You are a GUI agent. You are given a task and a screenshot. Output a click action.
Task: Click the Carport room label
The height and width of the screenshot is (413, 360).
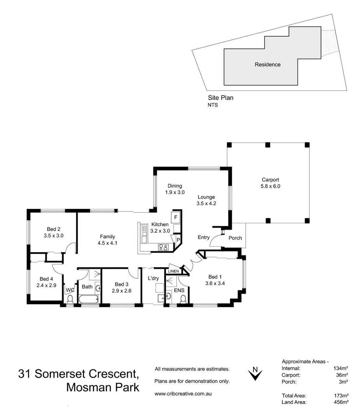click(x=270, y=180)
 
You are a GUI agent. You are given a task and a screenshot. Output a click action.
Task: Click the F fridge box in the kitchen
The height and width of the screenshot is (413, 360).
click(x=176, y=217)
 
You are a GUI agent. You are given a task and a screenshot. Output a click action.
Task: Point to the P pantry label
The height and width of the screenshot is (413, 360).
click(x=178, y=240)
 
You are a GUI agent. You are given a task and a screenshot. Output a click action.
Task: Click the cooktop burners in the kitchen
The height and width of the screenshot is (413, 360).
click(x=163, y=247)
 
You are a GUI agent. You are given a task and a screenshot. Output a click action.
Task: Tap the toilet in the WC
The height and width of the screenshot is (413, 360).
click(x=70, y=299)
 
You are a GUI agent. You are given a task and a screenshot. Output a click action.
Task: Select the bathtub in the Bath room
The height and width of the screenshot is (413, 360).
click(x=89, y=300)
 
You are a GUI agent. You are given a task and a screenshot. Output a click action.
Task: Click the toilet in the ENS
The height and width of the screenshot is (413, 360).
click(x=183, y=299)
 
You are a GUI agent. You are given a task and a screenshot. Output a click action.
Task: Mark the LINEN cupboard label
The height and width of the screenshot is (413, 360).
click(x=173, y=271)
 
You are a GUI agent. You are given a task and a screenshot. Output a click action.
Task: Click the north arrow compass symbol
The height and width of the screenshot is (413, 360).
click(x=255, y=373)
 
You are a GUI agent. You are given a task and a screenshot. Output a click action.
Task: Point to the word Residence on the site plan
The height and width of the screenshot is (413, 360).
click(x=267, y=64)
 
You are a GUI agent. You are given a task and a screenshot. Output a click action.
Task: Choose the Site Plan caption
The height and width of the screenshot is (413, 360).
click(x=220, y=98)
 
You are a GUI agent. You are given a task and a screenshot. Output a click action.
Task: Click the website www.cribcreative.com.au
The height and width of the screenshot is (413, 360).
click(x=183, y=394)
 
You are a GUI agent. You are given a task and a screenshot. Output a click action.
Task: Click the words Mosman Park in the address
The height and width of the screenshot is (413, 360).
click(x=103, y=387)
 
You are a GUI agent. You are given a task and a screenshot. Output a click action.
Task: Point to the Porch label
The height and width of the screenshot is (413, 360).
click(x=235, y=238)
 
